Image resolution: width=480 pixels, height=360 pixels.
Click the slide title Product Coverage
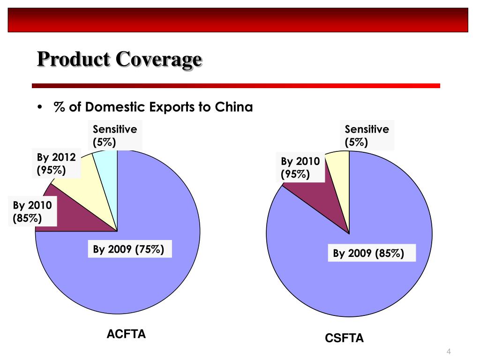120,60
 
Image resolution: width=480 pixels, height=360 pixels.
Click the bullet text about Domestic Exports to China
153,107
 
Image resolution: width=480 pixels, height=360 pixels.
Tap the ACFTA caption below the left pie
126,334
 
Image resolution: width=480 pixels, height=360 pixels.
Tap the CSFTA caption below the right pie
345,338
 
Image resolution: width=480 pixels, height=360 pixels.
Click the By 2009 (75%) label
128,249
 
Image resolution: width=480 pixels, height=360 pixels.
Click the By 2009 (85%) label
368,254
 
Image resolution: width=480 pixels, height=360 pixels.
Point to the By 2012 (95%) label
56,164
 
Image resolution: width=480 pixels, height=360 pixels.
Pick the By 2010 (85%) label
32,211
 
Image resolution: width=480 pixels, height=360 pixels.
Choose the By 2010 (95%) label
300,168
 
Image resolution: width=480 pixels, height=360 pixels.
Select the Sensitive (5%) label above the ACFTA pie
114,136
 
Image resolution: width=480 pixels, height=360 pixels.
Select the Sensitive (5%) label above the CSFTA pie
367,136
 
